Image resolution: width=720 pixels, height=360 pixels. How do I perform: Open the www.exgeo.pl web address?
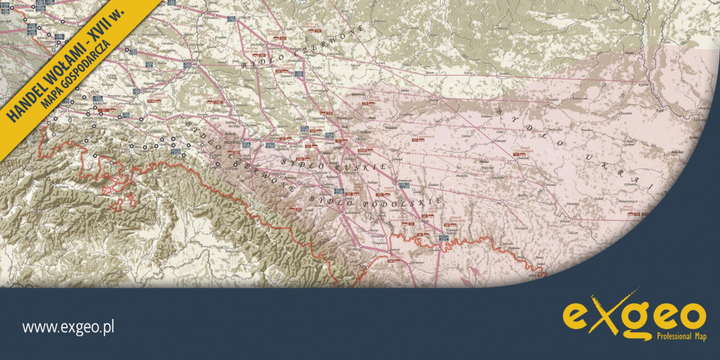tap(69, 328)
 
